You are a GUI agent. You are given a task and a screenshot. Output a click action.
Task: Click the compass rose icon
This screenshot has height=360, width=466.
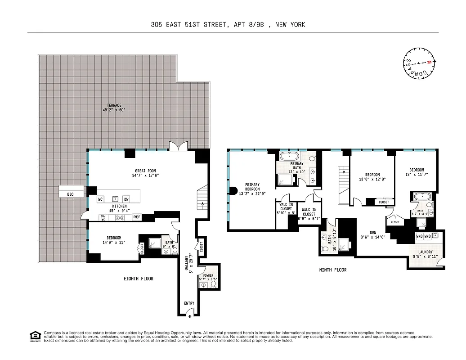[x=419, y=63]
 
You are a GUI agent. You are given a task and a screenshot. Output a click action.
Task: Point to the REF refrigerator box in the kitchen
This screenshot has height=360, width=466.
[x=137, y=217]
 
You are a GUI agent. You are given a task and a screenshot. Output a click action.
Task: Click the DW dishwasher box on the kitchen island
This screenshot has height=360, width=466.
[x=126, y=199]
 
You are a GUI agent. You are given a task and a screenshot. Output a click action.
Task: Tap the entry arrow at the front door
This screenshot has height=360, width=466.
[x=189, y=316]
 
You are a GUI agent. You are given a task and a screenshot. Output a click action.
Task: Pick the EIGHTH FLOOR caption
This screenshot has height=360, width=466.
[x=139, y=279]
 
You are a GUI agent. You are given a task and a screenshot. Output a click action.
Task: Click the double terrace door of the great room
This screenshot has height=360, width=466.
[x=175, y=146]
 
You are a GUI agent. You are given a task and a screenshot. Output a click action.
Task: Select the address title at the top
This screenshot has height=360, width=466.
[x=228, y=25]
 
